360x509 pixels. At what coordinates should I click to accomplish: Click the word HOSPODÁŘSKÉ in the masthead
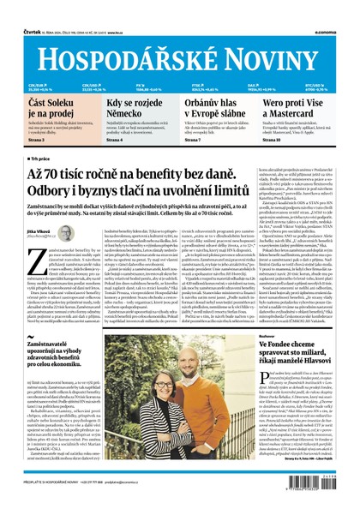point(128,55)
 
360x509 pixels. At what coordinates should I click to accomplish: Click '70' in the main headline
point(75,173)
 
